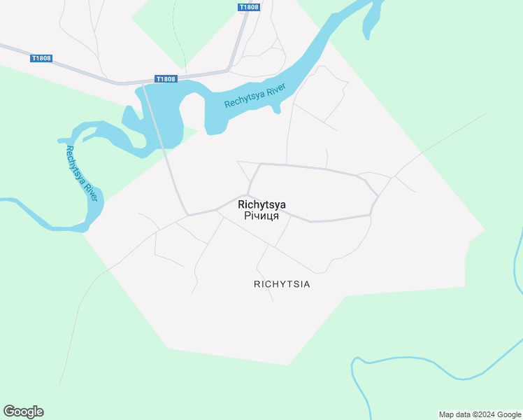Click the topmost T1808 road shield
coord(248,8)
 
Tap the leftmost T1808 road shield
coord(42,58)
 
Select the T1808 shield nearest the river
coord(166,79)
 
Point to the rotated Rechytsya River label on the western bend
coord(81,173)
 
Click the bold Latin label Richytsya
coord(261,204)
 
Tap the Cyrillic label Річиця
coord(261,216)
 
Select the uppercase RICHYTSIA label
coord(282,284)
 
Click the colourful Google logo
coord(23,412)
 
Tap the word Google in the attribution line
coord(508,414)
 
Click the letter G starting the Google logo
coord(9,412)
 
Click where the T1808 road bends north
coord(229,69)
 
